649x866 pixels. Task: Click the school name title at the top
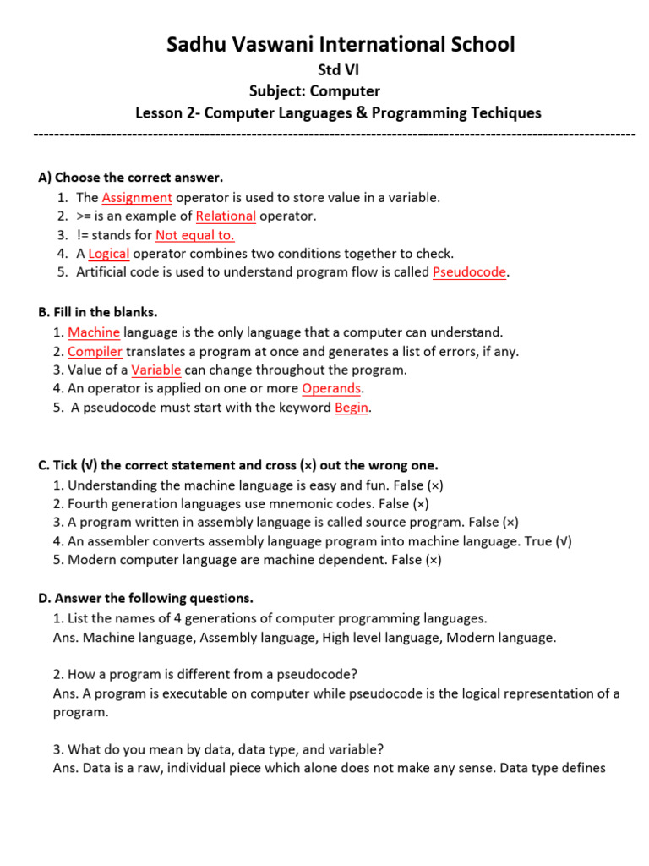340,44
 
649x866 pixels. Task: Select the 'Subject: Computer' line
315,91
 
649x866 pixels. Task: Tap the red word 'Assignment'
137,198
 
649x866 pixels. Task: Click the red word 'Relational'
226,216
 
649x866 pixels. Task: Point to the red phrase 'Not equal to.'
195,235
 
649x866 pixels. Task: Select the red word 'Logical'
108,254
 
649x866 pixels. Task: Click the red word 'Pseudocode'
470,272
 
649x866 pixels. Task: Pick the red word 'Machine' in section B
94,332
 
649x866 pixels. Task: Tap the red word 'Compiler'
95,351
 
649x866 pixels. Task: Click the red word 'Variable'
155,370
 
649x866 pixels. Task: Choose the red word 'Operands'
331,388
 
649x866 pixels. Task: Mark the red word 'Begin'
352,408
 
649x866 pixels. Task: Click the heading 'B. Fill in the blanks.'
97,312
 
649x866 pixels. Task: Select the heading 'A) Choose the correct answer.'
130,178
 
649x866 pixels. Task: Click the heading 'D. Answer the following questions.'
145,599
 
